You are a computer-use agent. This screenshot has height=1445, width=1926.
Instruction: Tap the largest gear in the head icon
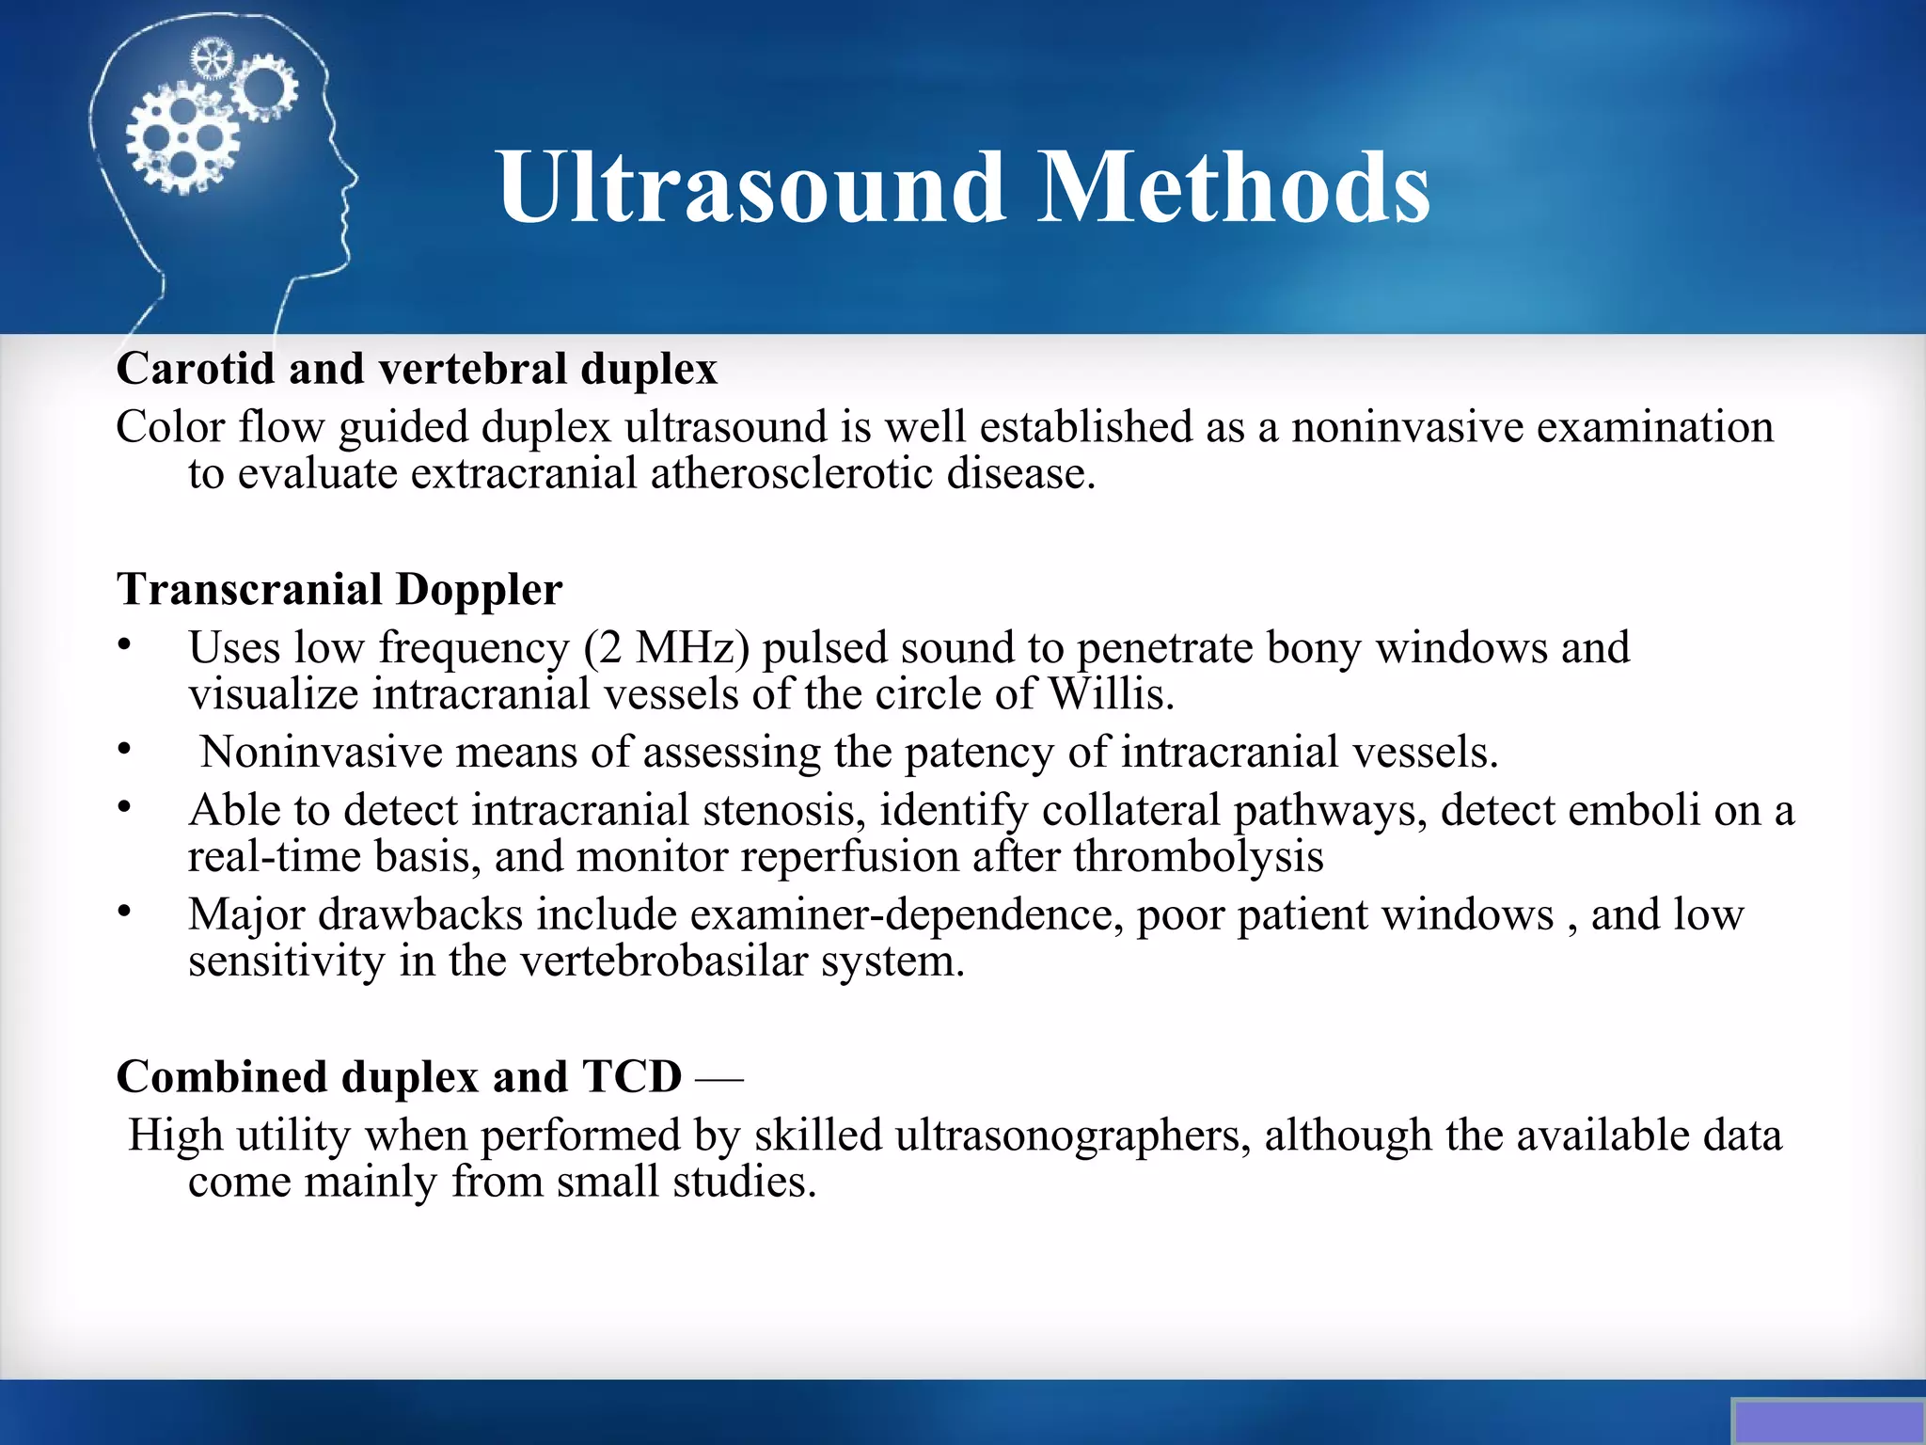tap(182, 139)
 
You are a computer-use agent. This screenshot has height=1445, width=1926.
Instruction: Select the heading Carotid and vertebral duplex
tap(417, 368)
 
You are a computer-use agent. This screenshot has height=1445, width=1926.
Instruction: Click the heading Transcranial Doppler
tap(339, 590)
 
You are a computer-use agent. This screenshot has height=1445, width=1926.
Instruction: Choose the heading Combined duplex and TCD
tap(399, 1076)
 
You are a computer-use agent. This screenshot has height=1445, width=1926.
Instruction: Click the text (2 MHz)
tap(666, 648)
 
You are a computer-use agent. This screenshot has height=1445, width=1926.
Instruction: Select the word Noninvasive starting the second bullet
tap(321, 753)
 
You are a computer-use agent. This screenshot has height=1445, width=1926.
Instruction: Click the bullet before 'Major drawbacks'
tap(124, 911)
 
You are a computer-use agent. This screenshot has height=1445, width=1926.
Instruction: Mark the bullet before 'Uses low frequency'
tap(124, 644)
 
